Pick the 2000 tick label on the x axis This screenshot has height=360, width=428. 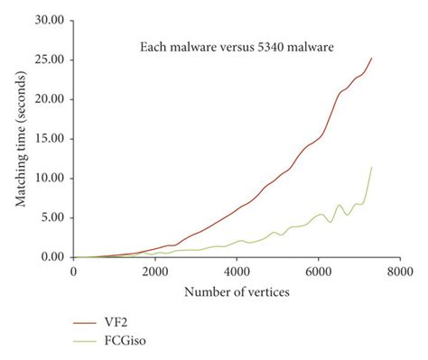point(154,272)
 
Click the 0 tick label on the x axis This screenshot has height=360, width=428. point(73,272)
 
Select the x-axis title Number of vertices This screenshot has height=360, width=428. point(236,293)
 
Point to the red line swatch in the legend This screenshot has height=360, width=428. point(87,320)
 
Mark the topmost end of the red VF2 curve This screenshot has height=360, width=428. point(371,59)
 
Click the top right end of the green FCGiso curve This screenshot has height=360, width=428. point(371,167)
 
